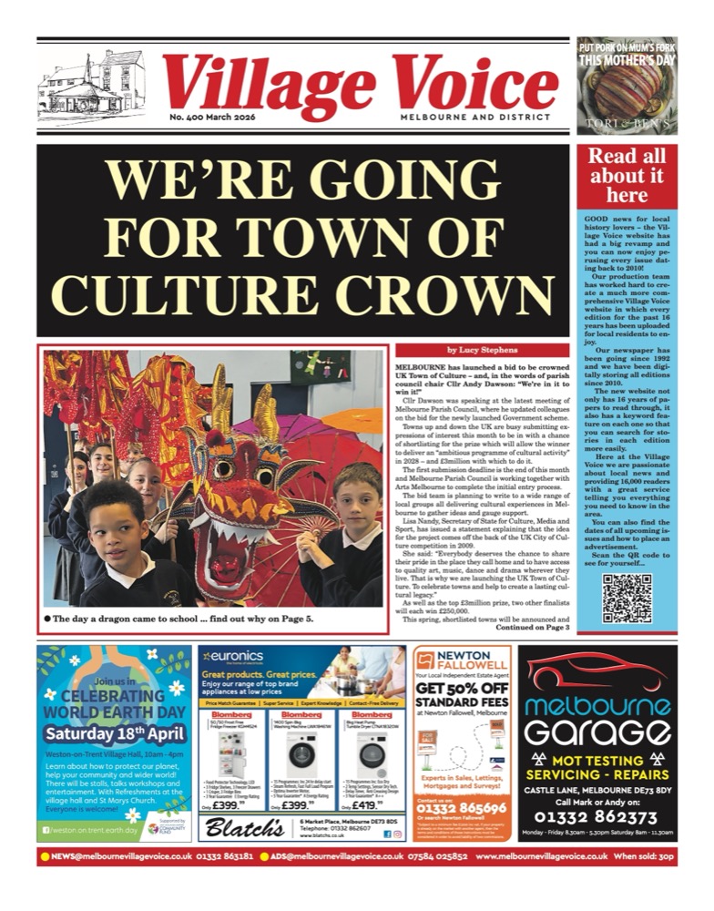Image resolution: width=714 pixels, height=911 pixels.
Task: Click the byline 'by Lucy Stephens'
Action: [482, 350]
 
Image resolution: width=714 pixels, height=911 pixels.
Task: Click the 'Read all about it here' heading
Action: [627, 176]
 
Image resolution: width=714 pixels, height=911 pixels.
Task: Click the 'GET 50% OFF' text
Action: [462, 701]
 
